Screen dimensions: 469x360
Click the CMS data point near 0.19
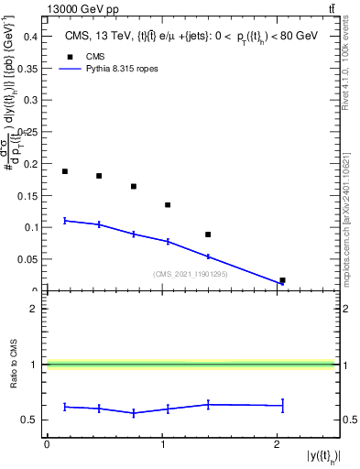coord(65,171)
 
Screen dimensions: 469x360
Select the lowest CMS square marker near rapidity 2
coord(282,280)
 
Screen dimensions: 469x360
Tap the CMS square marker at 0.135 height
coord(168,205)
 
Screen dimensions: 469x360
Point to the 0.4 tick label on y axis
coord(32,36)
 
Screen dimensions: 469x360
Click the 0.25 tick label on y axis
coord(29,131)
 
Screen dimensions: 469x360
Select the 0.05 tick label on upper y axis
coord(29,259)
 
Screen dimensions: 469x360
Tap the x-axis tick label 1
coord(162,444)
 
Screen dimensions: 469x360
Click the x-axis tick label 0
coord(47,444)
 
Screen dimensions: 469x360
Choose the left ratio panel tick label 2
coord(36,310)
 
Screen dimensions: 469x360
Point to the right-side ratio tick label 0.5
coord(348,420)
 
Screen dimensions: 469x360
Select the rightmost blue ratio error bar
coord(282,405)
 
